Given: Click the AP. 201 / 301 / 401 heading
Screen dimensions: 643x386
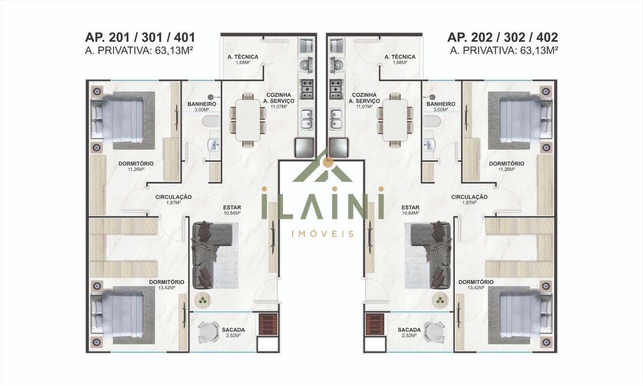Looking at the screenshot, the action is click(140, 38).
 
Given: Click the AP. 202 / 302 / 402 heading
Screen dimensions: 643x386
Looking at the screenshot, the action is click(503, 38).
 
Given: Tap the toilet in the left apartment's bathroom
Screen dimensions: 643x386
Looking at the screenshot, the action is click(211, 122).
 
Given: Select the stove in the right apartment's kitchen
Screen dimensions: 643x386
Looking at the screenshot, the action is click(336, 90).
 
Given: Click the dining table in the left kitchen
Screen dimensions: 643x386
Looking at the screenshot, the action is click(248, 120).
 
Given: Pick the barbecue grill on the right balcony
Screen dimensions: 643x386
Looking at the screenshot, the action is click(375, 324).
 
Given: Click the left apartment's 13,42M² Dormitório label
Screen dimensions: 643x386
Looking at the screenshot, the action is click(167, 285).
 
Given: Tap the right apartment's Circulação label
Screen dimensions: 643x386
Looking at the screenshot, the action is click(469, 199).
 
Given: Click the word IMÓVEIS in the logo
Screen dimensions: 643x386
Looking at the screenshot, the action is click(323, 234).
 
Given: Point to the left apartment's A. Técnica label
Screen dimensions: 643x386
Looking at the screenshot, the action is click(243, 59).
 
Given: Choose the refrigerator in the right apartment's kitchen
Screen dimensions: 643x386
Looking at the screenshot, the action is click(339, 147).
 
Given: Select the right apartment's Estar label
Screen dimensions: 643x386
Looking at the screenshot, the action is click(410, 210).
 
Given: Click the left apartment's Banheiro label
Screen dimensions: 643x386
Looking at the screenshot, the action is click(202, 106).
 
